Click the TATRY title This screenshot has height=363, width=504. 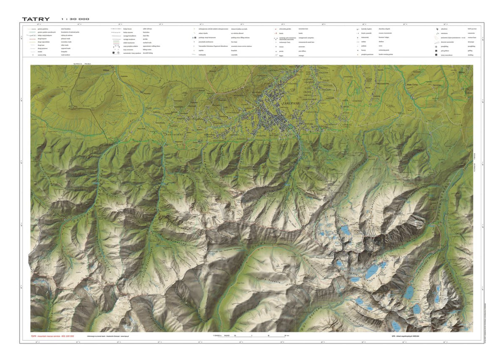(36, 19)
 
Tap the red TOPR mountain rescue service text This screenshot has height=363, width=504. (52, 336)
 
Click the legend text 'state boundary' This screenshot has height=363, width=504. (67, 29)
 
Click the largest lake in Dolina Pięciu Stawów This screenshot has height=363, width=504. (371, 273)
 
